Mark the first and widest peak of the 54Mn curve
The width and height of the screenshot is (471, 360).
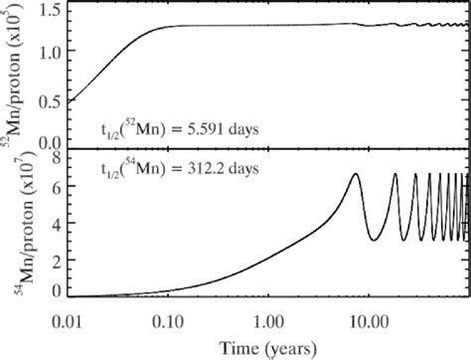click(356, 175)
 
